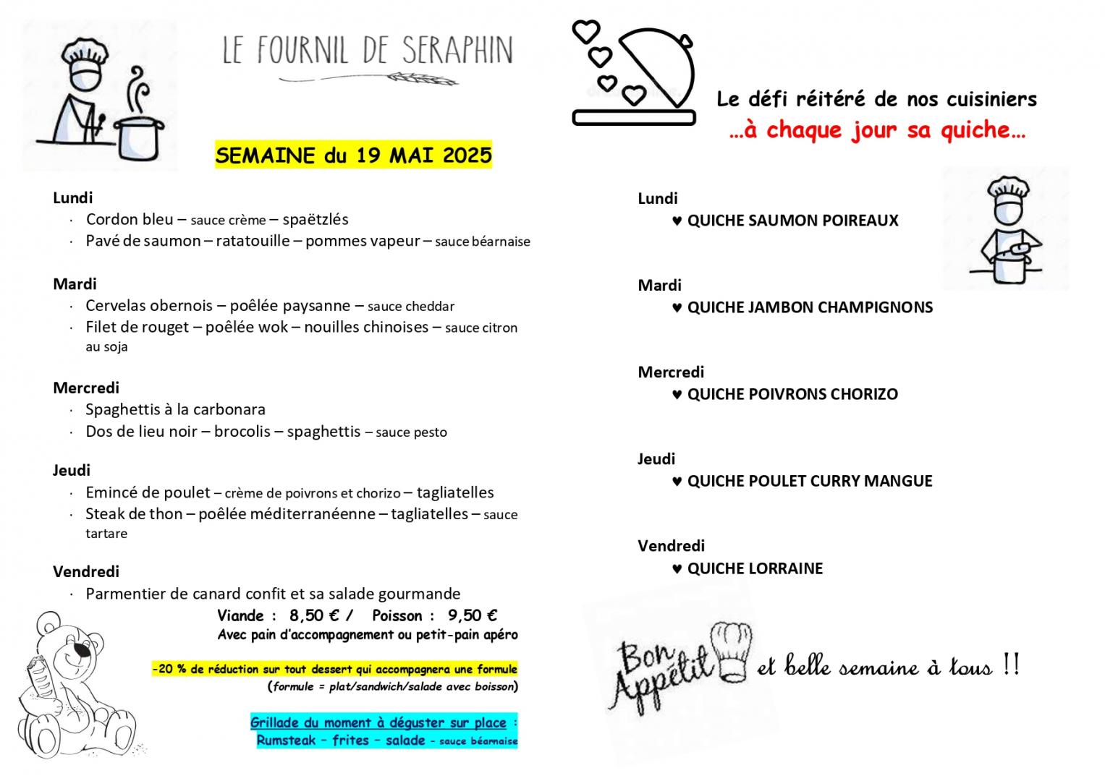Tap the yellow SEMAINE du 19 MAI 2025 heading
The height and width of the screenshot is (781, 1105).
pyautogui.click(x=353, y=155)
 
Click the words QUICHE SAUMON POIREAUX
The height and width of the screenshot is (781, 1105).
pyautogui.click(x=792, y=221)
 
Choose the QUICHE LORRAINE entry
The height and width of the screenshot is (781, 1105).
pyautogui.click(x=755, y=568)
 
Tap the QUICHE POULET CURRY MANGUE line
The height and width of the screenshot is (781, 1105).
pyautogui.click(x=809, y=481)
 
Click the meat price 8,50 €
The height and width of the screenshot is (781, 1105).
pyautogui.click(x=314, y=615)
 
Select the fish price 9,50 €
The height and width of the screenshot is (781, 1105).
pyautogui.click(x=472, y=615)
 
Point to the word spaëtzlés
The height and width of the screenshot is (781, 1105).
pyautogui.click(x=316, y=219)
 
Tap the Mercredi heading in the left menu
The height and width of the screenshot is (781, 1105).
pyautogui.click(x=86, y=388)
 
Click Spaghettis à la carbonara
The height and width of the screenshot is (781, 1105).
pyautogui.click(x=175, y=409)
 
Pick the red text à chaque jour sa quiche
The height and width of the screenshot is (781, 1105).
pyautogui.click(x=877, y=130)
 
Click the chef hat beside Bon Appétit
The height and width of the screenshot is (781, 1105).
pyautogui.click(x=732, y=650)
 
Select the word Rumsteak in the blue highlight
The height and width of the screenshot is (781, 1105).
pyautogui.click(x=286, y=741)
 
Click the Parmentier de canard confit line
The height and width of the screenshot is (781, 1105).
pyautogui.click(x=273, y=594)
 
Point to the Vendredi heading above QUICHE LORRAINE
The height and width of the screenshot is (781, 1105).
pyautogui.click(x=671, y=546)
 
